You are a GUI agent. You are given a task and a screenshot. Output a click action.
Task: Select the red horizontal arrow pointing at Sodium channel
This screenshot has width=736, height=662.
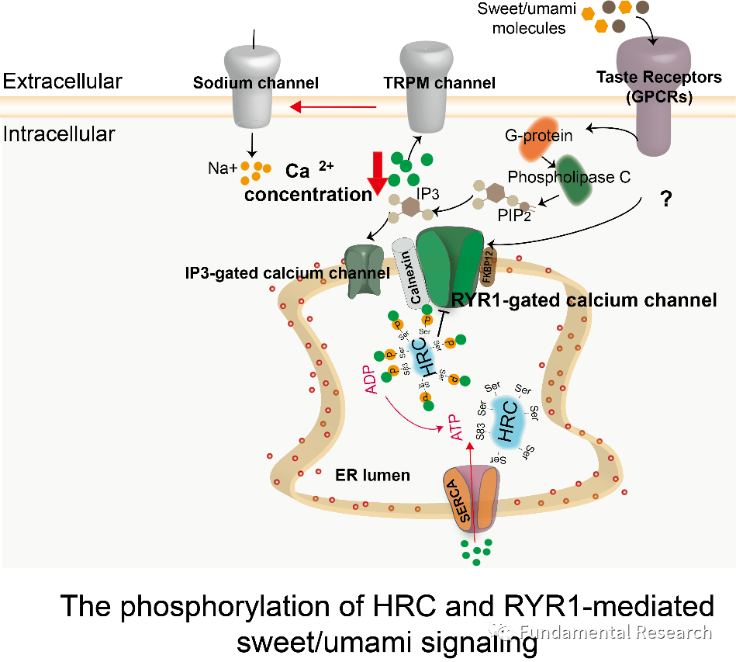tap(334, 107)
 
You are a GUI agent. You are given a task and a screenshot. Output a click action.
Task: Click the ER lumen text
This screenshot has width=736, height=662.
tap(371, 475)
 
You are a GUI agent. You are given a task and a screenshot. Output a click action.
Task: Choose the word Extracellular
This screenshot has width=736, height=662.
tap(62, 81)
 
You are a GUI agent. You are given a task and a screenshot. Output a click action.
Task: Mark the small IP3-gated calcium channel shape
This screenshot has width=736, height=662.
tap(364, 271)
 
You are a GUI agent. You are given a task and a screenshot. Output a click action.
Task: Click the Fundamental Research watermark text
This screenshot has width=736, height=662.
tap(616, 632)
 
